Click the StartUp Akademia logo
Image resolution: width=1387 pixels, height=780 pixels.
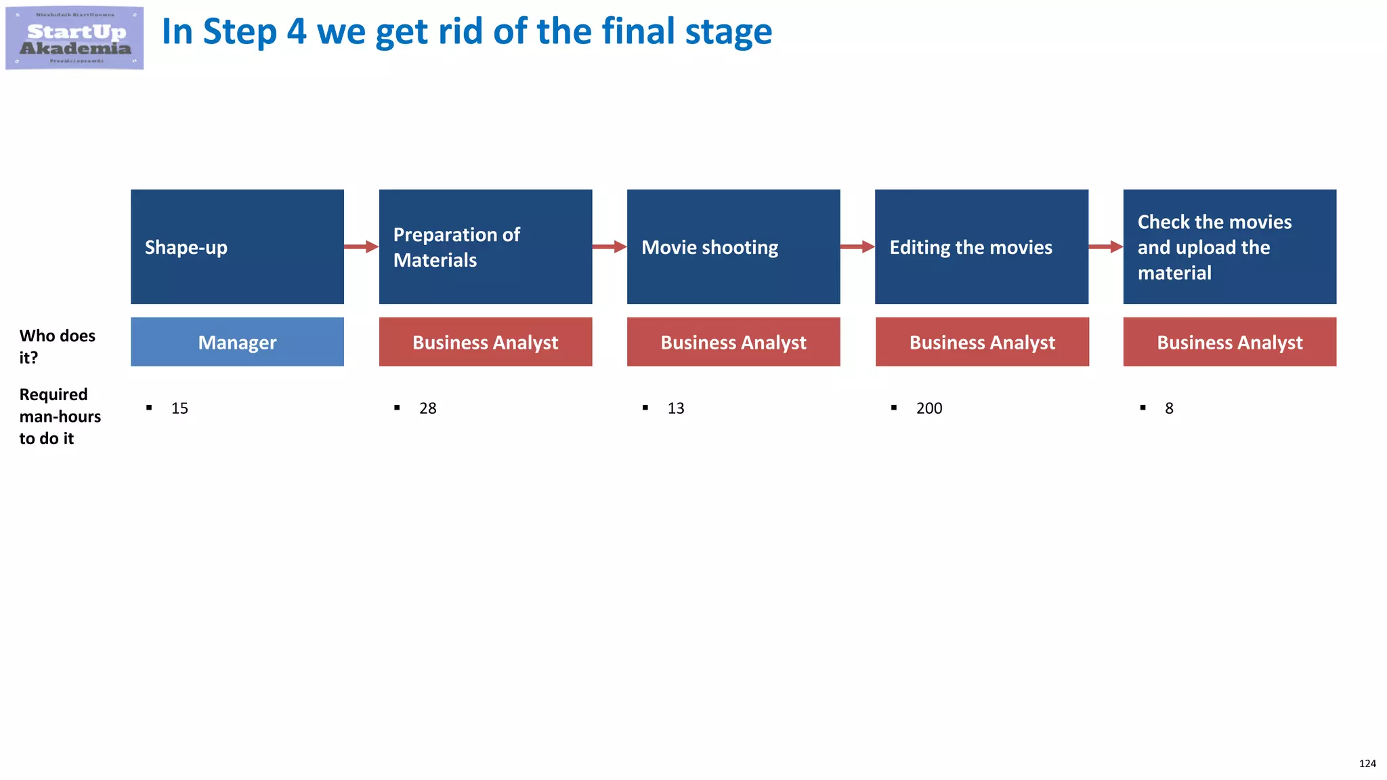(x=74, y=38)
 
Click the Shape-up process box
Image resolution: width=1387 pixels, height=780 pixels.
(x=237, y=246)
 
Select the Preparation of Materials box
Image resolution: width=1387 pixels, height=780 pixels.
(x=485, y=246)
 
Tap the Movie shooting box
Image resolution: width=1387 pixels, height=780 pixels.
(x=733, y=246)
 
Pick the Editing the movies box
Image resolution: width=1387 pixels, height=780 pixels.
(x=981, y=246)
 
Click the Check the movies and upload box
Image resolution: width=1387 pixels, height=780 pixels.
(x=1229, y=246)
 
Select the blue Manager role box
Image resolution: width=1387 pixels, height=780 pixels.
(x=237, y=342)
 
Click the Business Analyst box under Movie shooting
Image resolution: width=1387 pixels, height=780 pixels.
(x=733, y=342)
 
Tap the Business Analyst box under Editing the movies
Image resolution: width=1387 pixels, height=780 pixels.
(x=982, y=342)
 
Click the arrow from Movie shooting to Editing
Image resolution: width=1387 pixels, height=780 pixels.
(x=857, y=246)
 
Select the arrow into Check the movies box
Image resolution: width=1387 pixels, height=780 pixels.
(x=1106, y=246)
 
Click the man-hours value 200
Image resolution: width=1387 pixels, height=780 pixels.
(x=929, y=408)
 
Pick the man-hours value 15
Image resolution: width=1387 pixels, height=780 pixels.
(x=179, y=408)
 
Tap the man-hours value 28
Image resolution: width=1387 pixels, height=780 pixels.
(x=427, y=408)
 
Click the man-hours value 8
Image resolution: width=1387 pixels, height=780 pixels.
(x=1169, y=408)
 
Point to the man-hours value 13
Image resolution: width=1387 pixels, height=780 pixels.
(x=676, y=408)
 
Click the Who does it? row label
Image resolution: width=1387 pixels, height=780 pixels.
(x=57, y=346)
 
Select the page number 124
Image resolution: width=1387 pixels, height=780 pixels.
(x=1367, y=763)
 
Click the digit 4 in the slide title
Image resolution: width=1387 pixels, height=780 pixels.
(x=296, y=32)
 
